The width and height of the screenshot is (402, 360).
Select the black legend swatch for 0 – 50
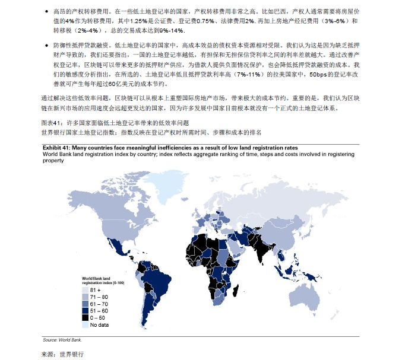point(86,318)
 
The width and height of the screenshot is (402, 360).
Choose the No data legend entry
point(99,326)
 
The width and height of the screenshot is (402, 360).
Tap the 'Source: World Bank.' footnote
point(62,340)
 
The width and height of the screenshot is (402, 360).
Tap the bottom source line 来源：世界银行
point(62,353)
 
